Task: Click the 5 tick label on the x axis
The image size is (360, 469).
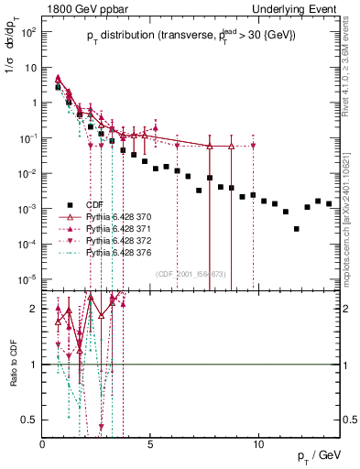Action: point(151,444)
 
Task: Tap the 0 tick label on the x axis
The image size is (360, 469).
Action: point(43,444)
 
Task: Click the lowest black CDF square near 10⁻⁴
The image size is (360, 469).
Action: point(296,229)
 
